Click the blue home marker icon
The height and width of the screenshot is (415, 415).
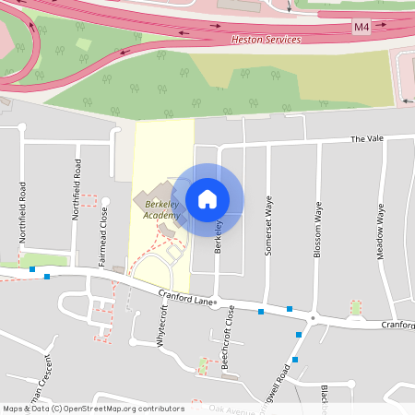point(207,198)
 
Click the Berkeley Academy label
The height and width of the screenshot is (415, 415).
point(162,208)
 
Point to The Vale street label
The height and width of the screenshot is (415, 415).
point(365,139)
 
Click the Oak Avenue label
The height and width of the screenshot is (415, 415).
point(231,408)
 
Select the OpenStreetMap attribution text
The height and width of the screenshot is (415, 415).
point(93,409)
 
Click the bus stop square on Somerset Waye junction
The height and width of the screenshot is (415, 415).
point(261,312)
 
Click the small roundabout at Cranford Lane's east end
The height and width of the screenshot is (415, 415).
point(314,318)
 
